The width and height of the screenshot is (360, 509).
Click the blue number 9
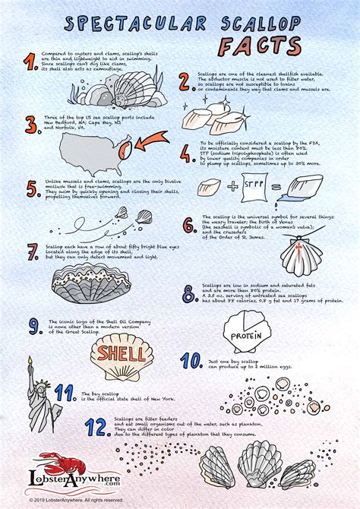click(33, 327)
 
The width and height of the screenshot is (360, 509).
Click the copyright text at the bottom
click(76, 501)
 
